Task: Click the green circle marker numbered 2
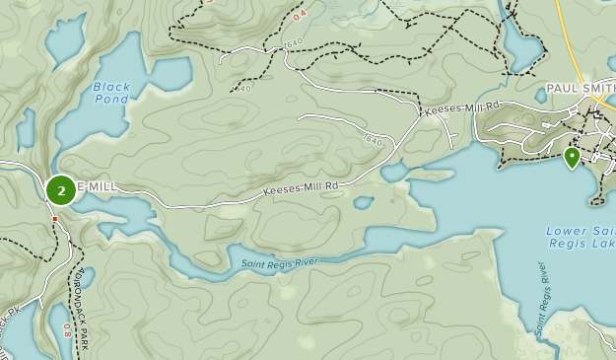(x=61, y=189)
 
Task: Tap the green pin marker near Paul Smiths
(x=572, y=157)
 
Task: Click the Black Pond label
(x=111, y=94)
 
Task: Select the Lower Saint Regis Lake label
(x=582, y=239)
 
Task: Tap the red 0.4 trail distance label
(x=300, y=14)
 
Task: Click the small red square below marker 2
(x=55, y=219)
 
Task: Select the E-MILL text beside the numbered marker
(x=97, y=186)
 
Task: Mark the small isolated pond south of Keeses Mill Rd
(x=364, y=203)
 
